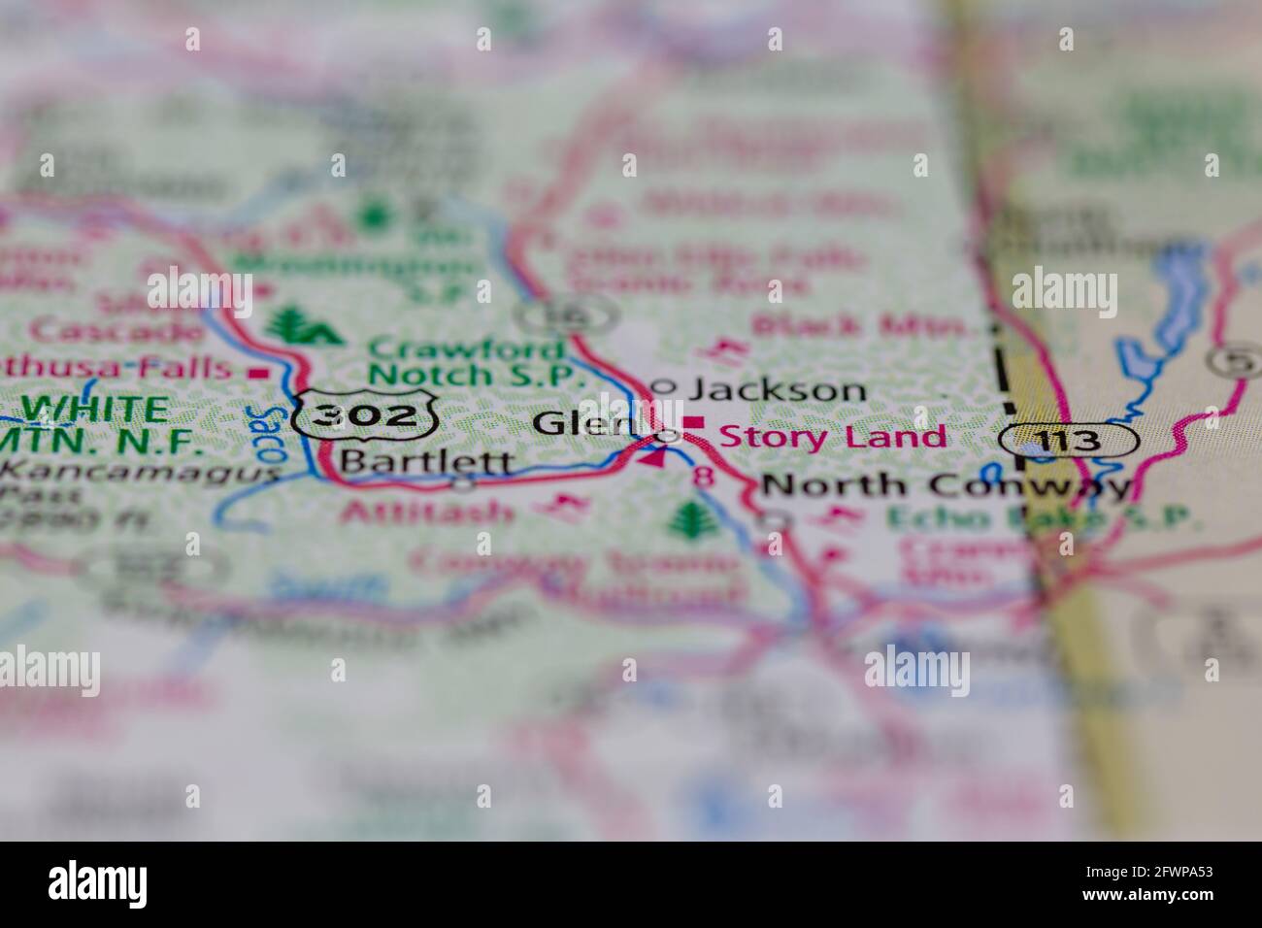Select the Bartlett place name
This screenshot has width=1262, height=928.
[427, 461]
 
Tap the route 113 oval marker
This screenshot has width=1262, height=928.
[1068, 441]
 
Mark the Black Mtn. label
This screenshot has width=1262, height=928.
[864, 325]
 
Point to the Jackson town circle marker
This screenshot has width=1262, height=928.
[662, 386]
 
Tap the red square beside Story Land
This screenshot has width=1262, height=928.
[695, 422]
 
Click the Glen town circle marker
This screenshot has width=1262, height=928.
[667, 436]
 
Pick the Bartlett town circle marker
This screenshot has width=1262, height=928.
[464, 481]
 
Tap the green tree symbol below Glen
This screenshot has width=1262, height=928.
[690, 519]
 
